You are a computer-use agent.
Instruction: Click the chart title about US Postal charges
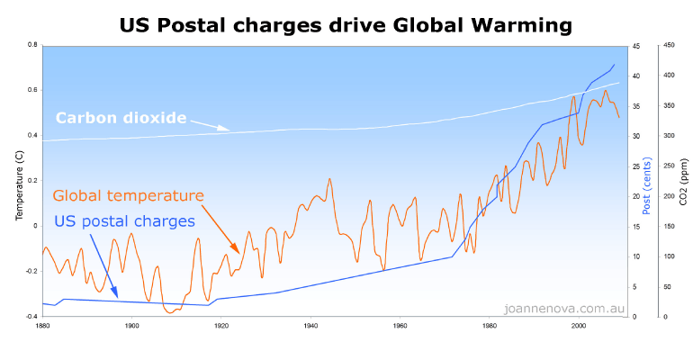tap(346, 24)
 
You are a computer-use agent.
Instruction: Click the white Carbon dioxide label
tap(121, 118)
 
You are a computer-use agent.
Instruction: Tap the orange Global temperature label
tap(128, 194)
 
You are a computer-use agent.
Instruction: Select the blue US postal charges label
tap(124, 220)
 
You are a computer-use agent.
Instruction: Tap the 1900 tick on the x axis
tap(131, 325)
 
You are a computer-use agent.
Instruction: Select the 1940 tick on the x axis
tap(310, 325)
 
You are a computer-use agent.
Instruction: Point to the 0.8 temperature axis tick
tap(31, 44)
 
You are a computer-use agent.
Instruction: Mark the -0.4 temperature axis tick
tap(30, 317)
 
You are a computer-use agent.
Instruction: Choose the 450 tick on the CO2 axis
tap(669, 44)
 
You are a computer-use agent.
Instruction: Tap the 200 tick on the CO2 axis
tap(669, 195)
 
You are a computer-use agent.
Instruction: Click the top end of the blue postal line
tap(615, 64)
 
